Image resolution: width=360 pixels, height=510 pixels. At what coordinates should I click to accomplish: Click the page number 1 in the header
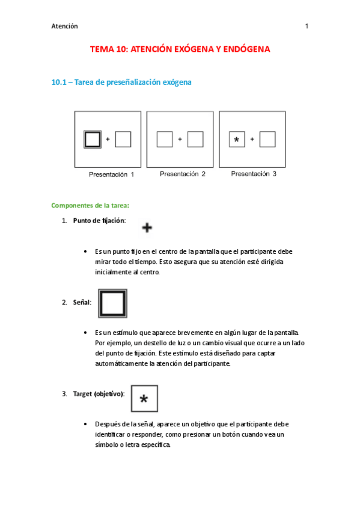coord(307,26)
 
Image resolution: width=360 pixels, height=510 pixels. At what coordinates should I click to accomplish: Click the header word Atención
coord(64,26)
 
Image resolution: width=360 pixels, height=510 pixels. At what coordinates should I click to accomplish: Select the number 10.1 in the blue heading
coord(59,82)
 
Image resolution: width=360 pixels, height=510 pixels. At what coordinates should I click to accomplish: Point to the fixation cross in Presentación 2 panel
coord(180,139)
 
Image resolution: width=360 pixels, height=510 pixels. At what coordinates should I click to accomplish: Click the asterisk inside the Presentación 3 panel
coord(237,140)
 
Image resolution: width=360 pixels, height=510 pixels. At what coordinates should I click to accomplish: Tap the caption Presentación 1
coord(111,174)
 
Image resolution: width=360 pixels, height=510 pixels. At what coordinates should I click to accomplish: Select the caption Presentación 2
coord(183,174)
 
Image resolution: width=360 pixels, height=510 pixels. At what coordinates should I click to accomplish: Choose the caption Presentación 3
coord(254,174)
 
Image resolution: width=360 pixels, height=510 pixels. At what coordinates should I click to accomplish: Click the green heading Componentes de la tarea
coord(90,205)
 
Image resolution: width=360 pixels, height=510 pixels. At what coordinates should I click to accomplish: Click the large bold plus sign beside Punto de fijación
coord(147,227)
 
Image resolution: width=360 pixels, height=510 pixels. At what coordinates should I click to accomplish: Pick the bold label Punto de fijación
coord(99,221)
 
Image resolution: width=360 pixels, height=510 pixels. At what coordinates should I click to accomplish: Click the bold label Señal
coord(82,303)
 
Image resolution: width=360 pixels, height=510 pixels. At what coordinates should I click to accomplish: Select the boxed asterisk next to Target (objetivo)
coord(144,399)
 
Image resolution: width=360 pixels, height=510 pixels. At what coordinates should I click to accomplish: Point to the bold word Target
coord(82,394)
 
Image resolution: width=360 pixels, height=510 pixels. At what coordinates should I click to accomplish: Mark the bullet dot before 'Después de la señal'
coord(85,424)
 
